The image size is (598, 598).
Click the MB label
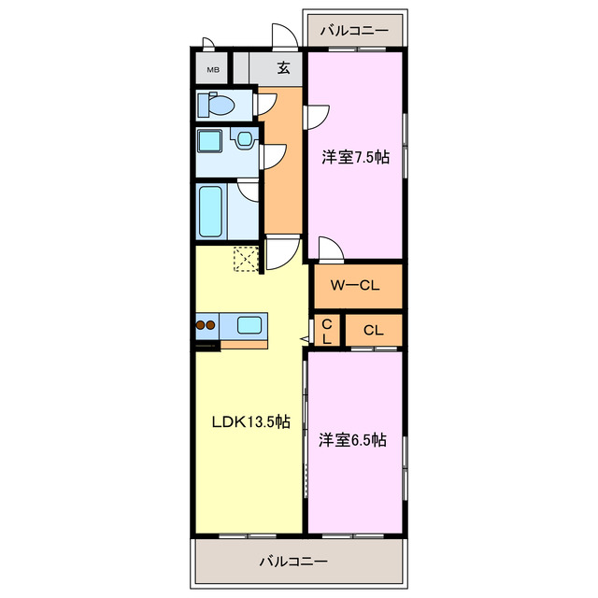pos(213,70)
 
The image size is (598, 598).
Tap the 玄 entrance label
pos(283,67)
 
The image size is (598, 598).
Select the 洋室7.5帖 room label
pos(355,157)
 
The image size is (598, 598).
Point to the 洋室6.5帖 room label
pos(353,440)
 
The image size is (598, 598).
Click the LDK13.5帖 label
pos(251,421)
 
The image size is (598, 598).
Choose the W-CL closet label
pos(355,285)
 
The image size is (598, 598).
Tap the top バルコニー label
pos(354,30)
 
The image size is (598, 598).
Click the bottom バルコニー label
pos(293,561)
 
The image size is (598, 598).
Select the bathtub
pos(210,211)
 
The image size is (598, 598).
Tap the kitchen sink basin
pos(249,326)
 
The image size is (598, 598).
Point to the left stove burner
pos(201,325)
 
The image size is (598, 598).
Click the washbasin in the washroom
pos(243,138)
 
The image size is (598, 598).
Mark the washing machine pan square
pos(209,140)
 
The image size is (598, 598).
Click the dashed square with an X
pos(246,259)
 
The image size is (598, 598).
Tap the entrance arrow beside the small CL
pos(306,338)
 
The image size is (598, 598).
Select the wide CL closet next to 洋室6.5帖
pos(374,330)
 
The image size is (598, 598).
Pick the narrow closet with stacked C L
pos(327,330)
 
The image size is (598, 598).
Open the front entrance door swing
pos(284,36)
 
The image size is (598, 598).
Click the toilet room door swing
pos(265,104)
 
